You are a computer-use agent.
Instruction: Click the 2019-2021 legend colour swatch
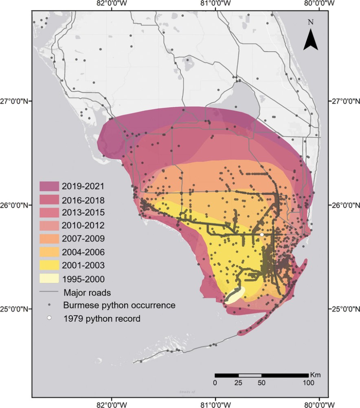pos(49,186)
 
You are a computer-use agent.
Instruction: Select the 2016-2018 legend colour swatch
pos(49,200)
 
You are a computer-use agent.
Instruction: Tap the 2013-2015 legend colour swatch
pos(49,213)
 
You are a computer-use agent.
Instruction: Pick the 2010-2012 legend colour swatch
pos(49,226)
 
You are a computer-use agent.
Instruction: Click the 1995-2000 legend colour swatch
pos(49,279)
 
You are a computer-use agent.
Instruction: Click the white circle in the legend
pos(49,318)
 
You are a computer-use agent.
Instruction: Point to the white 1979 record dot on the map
pos(261,235)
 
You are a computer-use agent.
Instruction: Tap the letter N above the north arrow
pos(311,22)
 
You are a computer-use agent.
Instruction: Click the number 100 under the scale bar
pos(308,383)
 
